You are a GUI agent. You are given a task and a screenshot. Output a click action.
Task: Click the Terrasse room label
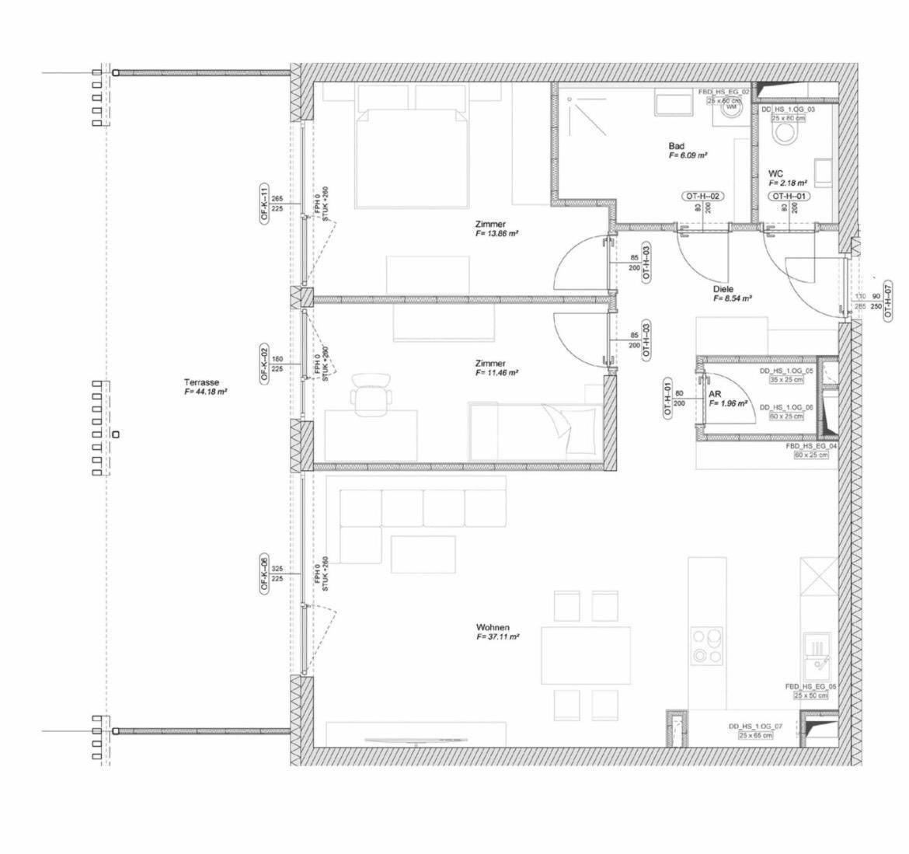[x=202, y=382]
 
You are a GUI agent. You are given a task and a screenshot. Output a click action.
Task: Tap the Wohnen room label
[x=493, y=627]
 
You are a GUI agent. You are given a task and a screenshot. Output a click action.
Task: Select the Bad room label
[x=676, y=146]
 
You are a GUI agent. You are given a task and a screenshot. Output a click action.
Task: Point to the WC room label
[x=775, y=173]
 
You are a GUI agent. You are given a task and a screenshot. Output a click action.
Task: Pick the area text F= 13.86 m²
[x=497, y=233]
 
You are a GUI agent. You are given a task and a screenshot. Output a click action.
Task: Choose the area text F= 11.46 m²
[x=497, y=373]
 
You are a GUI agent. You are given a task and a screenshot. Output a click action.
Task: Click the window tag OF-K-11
[x=264, y=204]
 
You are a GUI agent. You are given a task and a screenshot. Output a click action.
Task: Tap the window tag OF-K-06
[x=264, y=575]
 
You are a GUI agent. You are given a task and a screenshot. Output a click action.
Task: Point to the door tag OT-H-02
[x=702, y=196]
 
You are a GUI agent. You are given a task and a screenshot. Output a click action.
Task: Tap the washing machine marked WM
[x=730, y=111]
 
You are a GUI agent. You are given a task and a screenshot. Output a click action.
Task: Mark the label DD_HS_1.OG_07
[x=755, y=727]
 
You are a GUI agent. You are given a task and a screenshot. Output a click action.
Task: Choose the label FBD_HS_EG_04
[x=811, y=447]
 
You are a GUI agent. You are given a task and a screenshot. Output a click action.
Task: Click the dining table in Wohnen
[x=587, y=654]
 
